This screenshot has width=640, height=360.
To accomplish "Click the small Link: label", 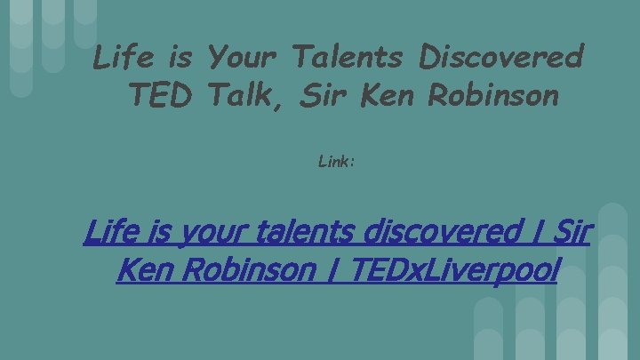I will pos(336,163).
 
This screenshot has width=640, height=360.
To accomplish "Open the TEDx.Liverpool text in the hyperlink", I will pos(452,269).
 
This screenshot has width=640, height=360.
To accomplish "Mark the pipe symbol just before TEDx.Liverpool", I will pos(335,269).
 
